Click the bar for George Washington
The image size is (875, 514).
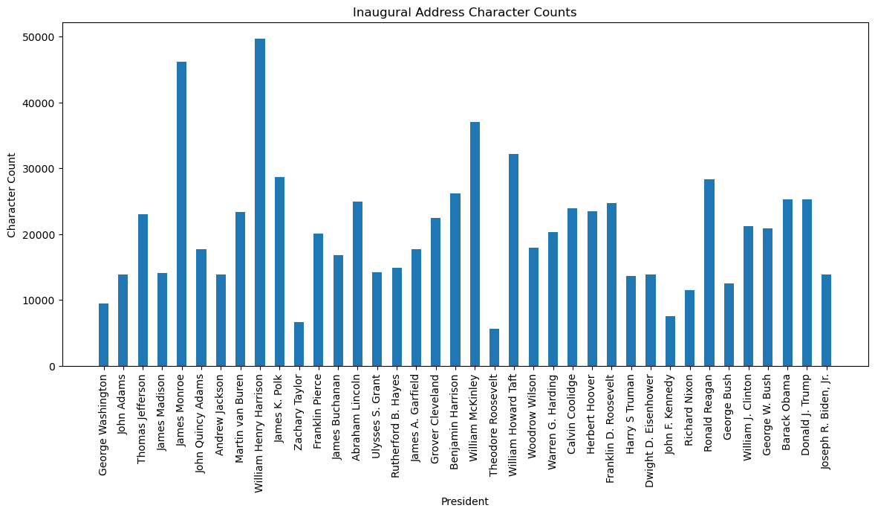coord(104,335)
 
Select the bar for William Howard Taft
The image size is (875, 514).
coord(513,260)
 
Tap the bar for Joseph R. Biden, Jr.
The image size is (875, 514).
coord(826,321)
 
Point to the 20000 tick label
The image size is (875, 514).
coord(42,235)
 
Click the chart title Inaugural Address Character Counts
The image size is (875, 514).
coord(464,13)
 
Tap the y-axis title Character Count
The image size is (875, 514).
coord(12,195)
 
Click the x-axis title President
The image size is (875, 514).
coord(464,502)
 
